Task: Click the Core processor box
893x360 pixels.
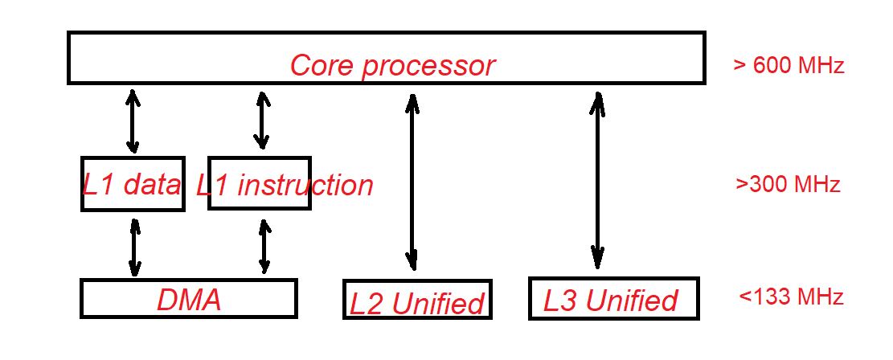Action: (386, 57)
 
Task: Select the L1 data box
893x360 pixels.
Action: (133, 183)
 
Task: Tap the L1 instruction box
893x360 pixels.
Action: (259, 183)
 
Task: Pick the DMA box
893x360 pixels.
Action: (189, 298)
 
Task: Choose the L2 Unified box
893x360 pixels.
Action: (416, 299)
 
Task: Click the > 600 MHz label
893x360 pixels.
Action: (789, 66)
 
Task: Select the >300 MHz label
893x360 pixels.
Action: (788, 184)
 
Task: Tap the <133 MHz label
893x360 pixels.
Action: (791, 297)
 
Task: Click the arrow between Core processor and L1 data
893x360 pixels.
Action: (133, 121)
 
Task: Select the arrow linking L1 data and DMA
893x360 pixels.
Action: (134, 249)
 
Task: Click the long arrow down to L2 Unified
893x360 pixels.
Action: (412, 182)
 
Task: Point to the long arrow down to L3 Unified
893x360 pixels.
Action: (597, 180)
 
